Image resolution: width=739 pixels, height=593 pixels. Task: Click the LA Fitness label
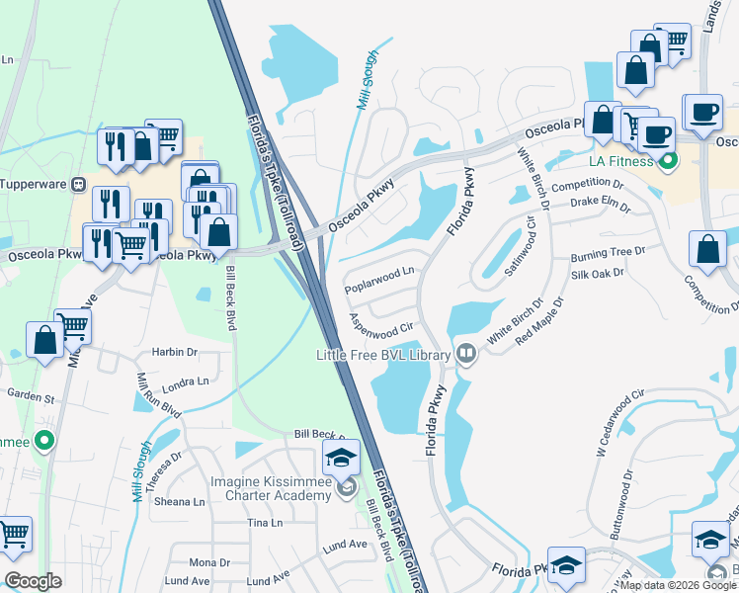coord(623,161)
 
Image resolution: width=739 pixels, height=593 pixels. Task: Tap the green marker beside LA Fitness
coord(669,160)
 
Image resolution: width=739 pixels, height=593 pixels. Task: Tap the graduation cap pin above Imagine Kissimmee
coord(341,458)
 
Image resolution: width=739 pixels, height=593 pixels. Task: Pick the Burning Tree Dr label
coord(607,254)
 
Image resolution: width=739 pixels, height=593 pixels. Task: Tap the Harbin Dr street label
coord(174,352)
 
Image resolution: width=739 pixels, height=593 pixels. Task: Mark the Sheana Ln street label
coord(179,501)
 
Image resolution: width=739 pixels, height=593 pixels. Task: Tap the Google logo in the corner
coord(34,581)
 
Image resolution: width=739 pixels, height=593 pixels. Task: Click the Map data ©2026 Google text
coord(677,585)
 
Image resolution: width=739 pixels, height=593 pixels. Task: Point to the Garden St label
coord(31,398)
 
